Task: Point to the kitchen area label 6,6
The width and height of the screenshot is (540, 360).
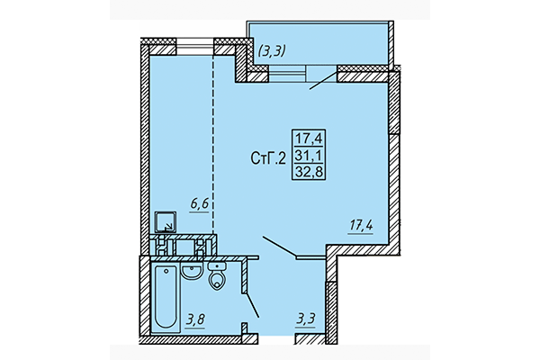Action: click(199, 203)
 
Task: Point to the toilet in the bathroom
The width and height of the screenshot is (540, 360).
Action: click(216, 282)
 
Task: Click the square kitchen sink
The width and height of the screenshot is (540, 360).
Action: click(166, 221)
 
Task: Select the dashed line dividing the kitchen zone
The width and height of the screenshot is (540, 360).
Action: click(213, 135)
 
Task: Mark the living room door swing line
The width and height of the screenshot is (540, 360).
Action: click(278, 246)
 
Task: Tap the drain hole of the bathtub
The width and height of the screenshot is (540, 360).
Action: click(165, 273)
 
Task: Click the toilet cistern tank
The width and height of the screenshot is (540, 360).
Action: click(216, 266)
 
